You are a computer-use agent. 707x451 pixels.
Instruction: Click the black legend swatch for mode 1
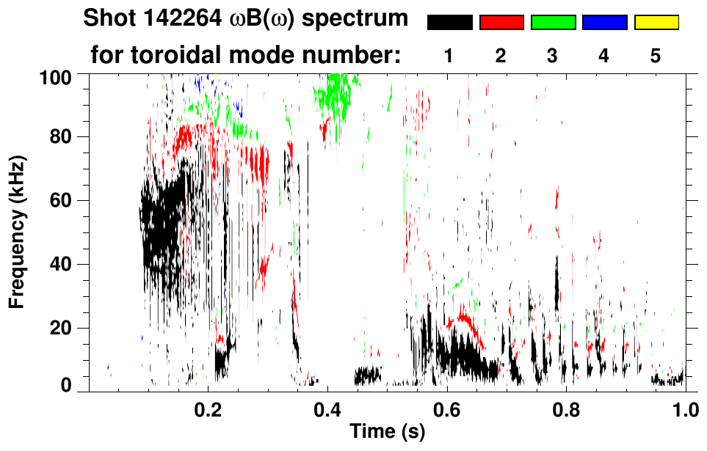click(449, 23)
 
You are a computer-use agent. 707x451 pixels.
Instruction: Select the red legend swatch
click(501, 23)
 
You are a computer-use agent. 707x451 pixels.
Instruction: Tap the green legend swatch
click(553, 23)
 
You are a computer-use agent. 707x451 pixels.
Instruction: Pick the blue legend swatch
click(604, 23)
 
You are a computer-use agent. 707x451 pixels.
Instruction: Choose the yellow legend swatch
click(656, 23)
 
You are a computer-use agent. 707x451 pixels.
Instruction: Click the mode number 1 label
click(449, 56)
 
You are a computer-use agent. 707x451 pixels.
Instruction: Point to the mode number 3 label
click(553, 56)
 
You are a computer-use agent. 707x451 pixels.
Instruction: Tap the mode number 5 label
click(656, 56)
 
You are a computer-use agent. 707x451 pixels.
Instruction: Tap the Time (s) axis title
click(387, 433)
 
